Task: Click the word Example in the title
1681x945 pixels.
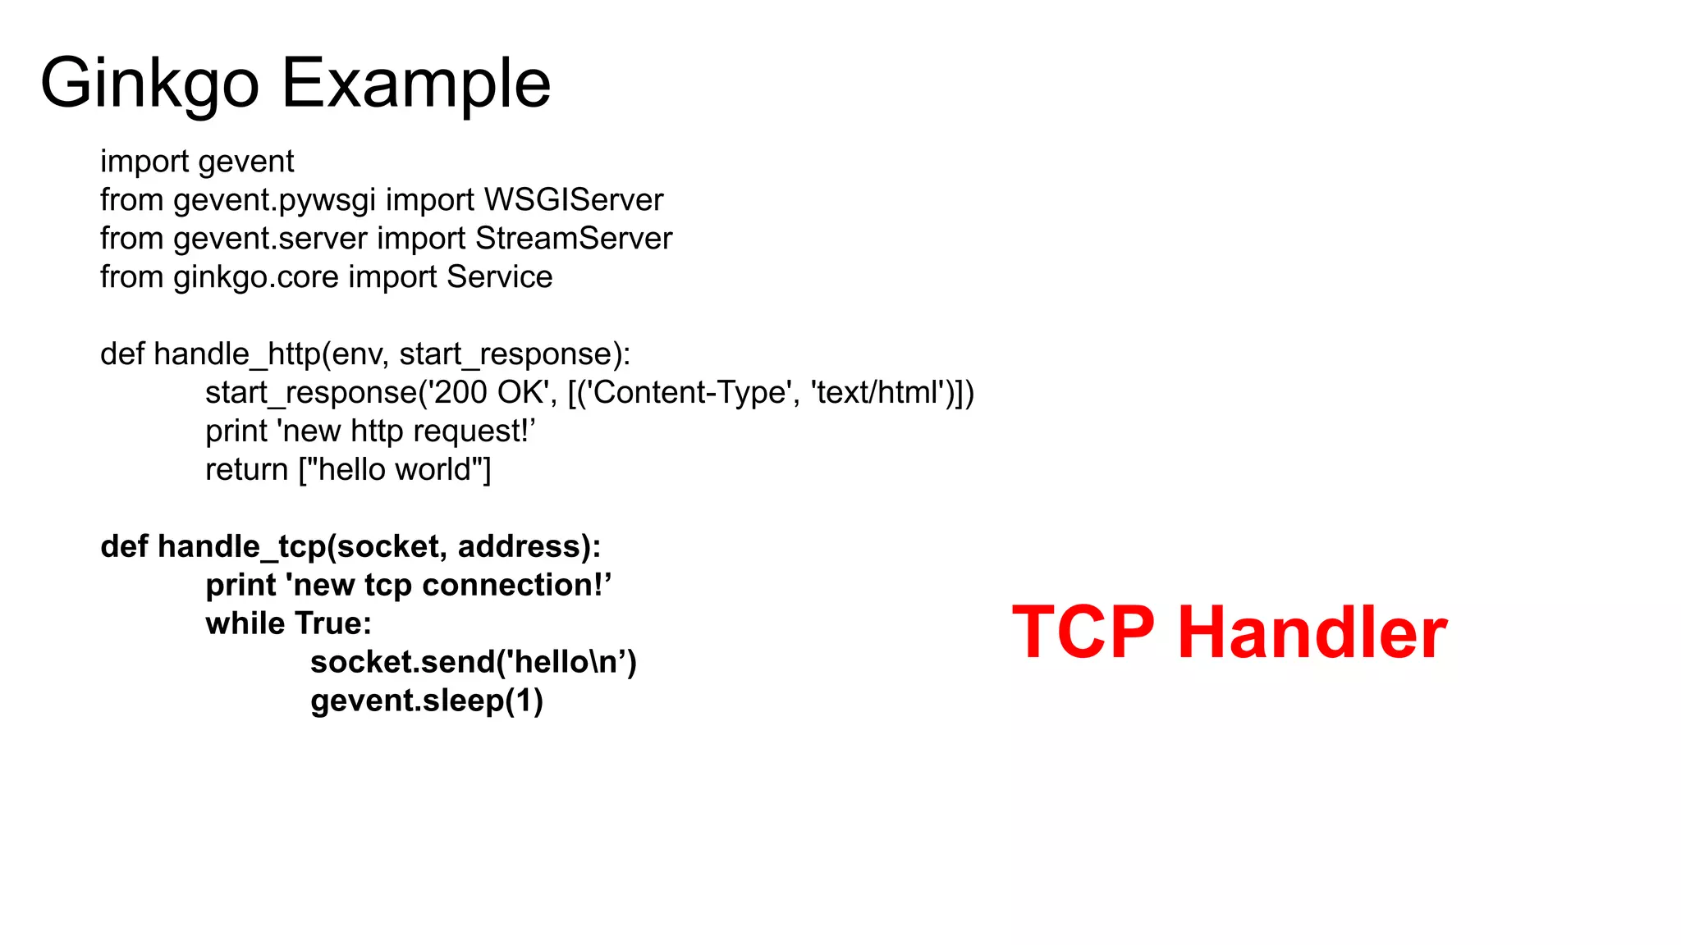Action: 416,84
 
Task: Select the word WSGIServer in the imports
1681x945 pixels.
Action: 573,200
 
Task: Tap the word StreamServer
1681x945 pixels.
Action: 573,239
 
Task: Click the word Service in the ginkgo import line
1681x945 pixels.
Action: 499,277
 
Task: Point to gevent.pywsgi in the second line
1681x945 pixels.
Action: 274,200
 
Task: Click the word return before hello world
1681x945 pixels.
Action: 246,470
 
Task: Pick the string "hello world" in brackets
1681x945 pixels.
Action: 394,470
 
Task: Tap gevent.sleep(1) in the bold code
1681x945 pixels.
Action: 427,701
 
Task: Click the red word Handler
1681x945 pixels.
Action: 1312,632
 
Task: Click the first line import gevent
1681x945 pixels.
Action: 197,162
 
